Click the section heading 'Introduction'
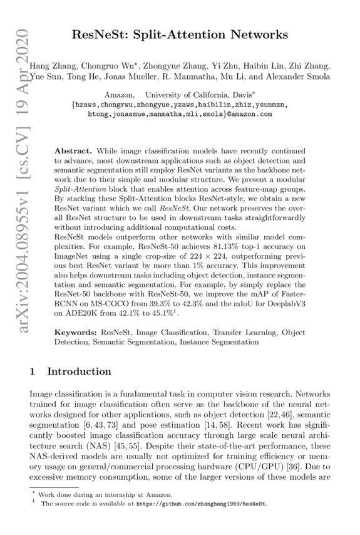(x=79, y=371)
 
